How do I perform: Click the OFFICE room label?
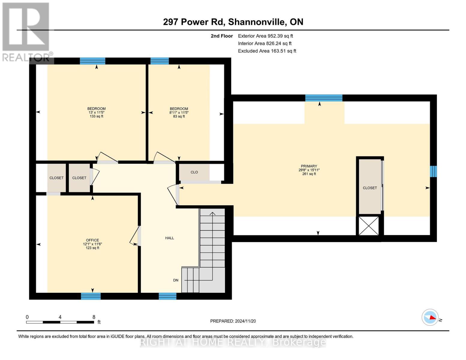pos(92,240)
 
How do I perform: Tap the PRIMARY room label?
pos(309,166)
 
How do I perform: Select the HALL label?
pos(170,238)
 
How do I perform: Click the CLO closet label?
pos(194,172)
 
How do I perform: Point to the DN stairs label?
pos(176,280)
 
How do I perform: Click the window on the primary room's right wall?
pos(433,171)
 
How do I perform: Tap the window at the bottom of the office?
pos(91,296)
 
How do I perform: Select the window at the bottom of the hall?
pos(167,296)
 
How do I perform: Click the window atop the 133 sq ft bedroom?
pos(92,61)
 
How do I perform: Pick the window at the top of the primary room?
pos(323,98)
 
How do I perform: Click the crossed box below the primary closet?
pos(369,226)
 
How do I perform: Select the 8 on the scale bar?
pos(94,317)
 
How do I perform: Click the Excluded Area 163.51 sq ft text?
pos(267,51)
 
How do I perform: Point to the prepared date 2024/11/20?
pos(245,321)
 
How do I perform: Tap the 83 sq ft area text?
pos(179,116)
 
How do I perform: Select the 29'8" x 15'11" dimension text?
pos(309,170)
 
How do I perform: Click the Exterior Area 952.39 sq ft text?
pos(266,36)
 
